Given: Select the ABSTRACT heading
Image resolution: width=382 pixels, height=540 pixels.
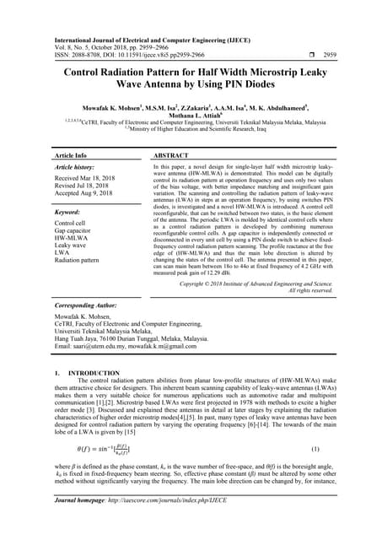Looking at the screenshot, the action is [172, 156].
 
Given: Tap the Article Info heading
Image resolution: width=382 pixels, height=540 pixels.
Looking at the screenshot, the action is [71, 156].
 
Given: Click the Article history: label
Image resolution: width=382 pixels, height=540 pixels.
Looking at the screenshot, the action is [77, 168].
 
